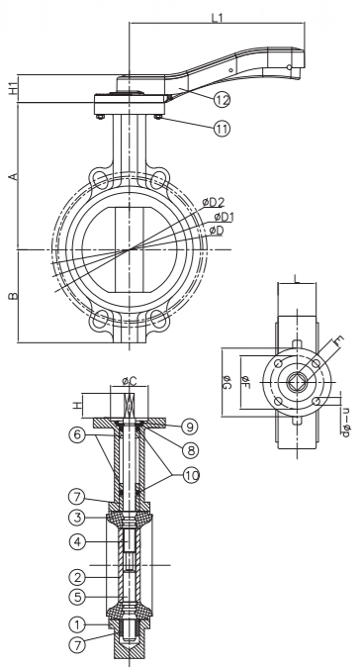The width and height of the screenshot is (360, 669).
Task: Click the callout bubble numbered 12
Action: [x=222, y=100]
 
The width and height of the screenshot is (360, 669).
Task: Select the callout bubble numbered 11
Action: [x=222, y=128]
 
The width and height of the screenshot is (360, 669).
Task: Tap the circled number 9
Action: [x=189, y=427]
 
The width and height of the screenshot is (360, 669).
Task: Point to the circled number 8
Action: [x=190, y=449]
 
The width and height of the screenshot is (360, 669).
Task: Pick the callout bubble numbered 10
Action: [x=191, y=475]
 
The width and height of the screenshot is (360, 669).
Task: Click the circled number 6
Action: [x=77, y=434]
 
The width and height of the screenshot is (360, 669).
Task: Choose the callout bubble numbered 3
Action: [x=77, y=518]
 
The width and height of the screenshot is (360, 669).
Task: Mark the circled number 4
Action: [x=77, y=542]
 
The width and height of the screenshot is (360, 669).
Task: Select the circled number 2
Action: [x=77, y=578]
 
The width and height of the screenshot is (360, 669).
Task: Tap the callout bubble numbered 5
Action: [x=77, y=597]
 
